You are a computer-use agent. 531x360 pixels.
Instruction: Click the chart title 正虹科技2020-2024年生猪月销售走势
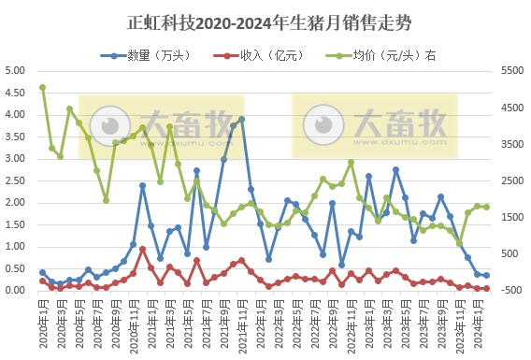[265, 20]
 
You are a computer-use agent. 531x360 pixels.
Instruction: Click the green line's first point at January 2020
[42, 88]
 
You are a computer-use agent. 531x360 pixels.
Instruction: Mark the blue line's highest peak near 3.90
[242, 120]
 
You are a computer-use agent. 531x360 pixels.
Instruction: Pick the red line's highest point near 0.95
[142, 249]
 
